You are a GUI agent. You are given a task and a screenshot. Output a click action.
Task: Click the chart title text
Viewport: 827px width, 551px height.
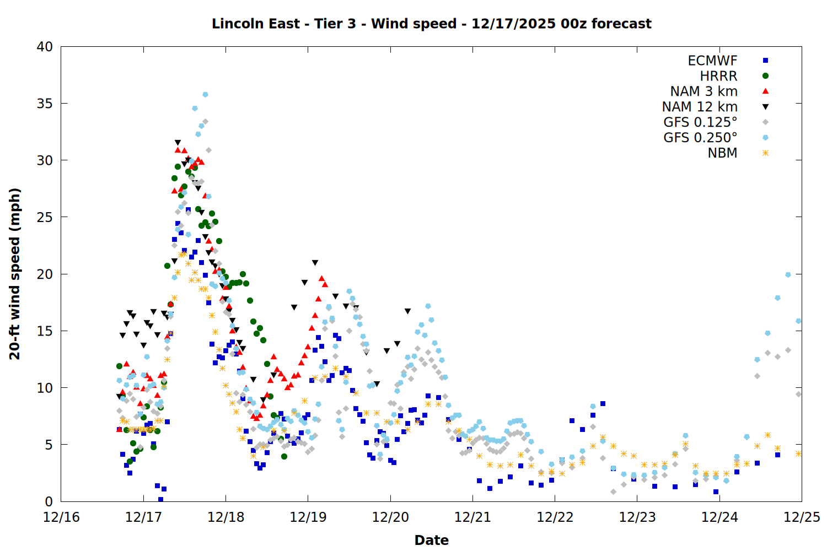[431, 24]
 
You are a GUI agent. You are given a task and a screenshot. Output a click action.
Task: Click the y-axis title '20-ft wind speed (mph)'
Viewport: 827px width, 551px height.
[15, 274]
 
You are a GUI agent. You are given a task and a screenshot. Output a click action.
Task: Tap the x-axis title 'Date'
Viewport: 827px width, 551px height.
[431, 540]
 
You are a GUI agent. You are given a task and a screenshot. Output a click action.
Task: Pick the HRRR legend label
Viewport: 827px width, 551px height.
[718, 76]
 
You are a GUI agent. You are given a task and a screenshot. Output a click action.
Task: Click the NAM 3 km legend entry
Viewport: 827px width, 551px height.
[704, 91]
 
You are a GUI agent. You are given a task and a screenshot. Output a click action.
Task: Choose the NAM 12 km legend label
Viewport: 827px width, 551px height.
[700, 107]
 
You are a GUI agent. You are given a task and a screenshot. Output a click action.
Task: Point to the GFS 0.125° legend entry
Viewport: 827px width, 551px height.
[700, 122]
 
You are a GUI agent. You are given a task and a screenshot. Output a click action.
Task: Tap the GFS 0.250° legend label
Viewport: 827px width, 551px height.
[700, 138]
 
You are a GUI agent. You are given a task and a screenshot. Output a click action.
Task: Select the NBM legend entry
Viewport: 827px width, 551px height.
[722, 153]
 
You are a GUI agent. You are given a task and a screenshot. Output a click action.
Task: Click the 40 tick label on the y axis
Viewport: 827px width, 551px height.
[45, 47]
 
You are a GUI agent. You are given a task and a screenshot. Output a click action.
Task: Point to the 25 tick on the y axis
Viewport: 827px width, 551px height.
[45, 217]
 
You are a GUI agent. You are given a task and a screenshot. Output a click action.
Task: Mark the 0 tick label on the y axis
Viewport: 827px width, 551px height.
[49, 501]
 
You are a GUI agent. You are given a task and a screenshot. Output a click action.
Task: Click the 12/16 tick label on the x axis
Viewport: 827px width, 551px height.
[61, 517]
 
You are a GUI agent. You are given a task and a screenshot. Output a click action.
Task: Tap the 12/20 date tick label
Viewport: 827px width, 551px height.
[390, 517]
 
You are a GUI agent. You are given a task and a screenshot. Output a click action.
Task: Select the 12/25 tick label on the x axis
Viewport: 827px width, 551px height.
[802, 517]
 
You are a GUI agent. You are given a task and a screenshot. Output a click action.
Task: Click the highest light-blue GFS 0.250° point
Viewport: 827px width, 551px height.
[205, 95]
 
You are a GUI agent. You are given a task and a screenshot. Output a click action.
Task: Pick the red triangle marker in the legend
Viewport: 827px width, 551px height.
[765, 91]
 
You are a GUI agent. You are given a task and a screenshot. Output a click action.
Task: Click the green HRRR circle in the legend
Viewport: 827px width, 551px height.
[765, 76]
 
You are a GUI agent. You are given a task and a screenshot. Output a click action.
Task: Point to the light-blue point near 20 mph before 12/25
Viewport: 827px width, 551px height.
[788, 274]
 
